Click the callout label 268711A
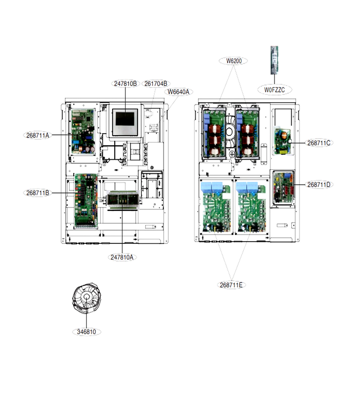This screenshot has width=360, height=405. (x=37, y=135)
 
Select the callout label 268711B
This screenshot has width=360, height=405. (x=37, y=193)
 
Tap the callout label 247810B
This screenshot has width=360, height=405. (x=126, y=84)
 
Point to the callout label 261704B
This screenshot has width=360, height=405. (x=156, y=84)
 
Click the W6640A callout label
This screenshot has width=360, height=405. (x=179, y=92)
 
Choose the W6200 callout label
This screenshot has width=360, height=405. (x=234, y=61)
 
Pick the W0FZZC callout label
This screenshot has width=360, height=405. (x=274, y=90)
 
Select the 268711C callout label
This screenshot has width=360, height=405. (x=319, y=143)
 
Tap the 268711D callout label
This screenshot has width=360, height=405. (x=319, y=184)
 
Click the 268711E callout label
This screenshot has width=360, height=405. (x=231, y=285)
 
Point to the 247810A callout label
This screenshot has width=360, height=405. (x=122, y=257)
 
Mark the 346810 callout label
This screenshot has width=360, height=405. (x=86, y=332)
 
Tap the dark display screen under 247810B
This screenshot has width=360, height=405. (x=125, y=119)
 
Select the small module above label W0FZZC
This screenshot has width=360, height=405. (x=274, y=60)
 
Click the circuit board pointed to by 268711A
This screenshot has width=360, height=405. (x=83, y=132)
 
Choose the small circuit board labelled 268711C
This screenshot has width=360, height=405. (x=283, y=141)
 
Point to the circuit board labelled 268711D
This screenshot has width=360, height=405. (x=283, y=188)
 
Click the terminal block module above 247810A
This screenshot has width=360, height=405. (x=123, y=200)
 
